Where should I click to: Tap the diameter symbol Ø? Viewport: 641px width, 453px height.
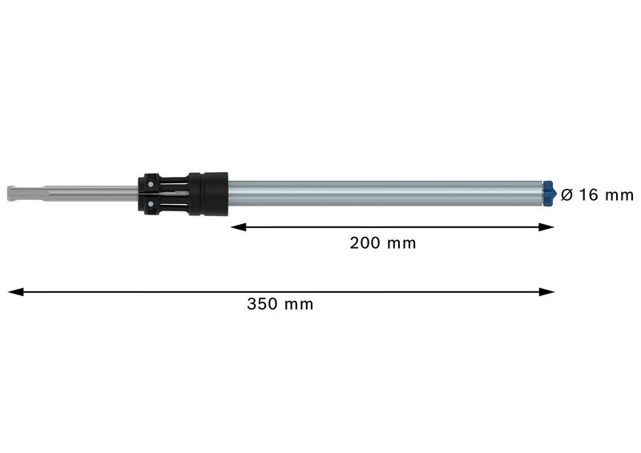(567, 194)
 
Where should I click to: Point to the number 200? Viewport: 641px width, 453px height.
(365, 243)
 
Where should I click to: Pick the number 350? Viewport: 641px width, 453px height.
(262, 304)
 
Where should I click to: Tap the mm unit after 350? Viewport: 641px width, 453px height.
(299, 304)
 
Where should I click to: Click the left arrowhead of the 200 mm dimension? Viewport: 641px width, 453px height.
(237, 227)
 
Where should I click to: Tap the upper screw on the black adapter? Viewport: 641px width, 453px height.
(150, 183)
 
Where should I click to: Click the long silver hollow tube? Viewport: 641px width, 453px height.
(385, 194)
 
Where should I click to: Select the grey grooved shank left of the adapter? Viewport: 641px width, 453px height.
(80, 194)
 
